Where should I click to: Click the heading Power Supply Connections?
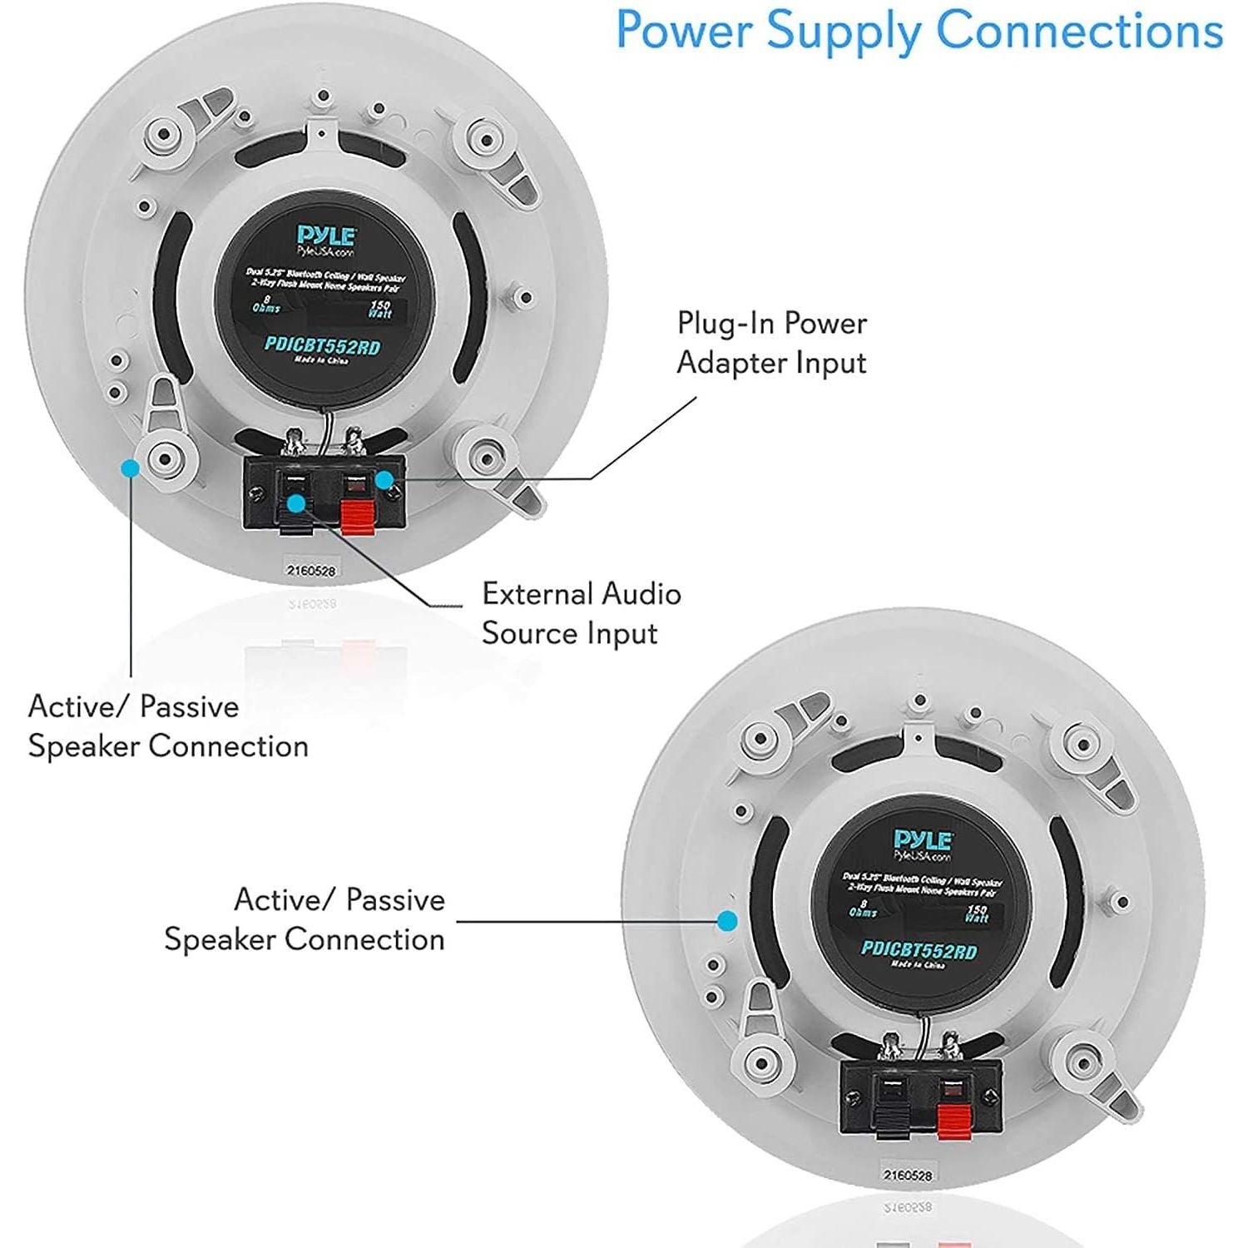pyautogui.click(x=919, y=32)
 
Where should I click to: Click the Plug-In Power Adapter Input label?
pyautogui.click(x=771, y=343)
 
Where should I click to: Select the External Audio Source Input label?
pyautogui.click(x=581, y=613)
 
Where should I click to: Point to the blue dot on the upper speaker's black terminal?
pyautogui.click(x=295, y=503)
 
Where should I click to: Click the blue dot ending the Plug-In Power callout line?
pyautogui.click(x=384, y=479)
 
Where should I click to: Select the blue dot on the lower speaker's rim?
pyautogui.click(x=727, y=920)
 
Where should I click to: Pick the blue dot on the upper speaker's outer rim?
pyautogui.click(x=130, y=468)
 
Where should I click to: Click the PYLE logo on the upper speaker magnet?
pyautogui.click(x=326, y=236)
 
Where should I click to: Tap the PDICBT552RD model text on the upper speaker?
pyautogui.click(x=322, y=345)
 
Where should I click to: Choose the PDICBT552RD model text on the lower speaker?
pyautogui.click(x=919, y=950)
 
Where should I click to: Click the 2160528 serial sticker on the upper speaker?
pyautogui.click(x=310, y=571)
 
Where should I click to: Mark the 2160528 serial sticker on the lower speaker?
pyautogui.click(x=907, y=1176)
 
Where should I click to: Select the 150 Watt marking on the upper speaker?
pyautogui.click(x=380, y=310)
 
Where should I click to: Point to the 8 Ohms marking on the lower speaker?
pyautogui.click(x=862, y=908)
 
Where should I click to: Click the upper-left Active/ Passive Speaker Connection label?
pyautogui.click(x=167, y=726)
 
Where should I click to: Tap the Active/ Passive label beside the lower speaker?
pyautogui.click(x=305, y=919)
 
